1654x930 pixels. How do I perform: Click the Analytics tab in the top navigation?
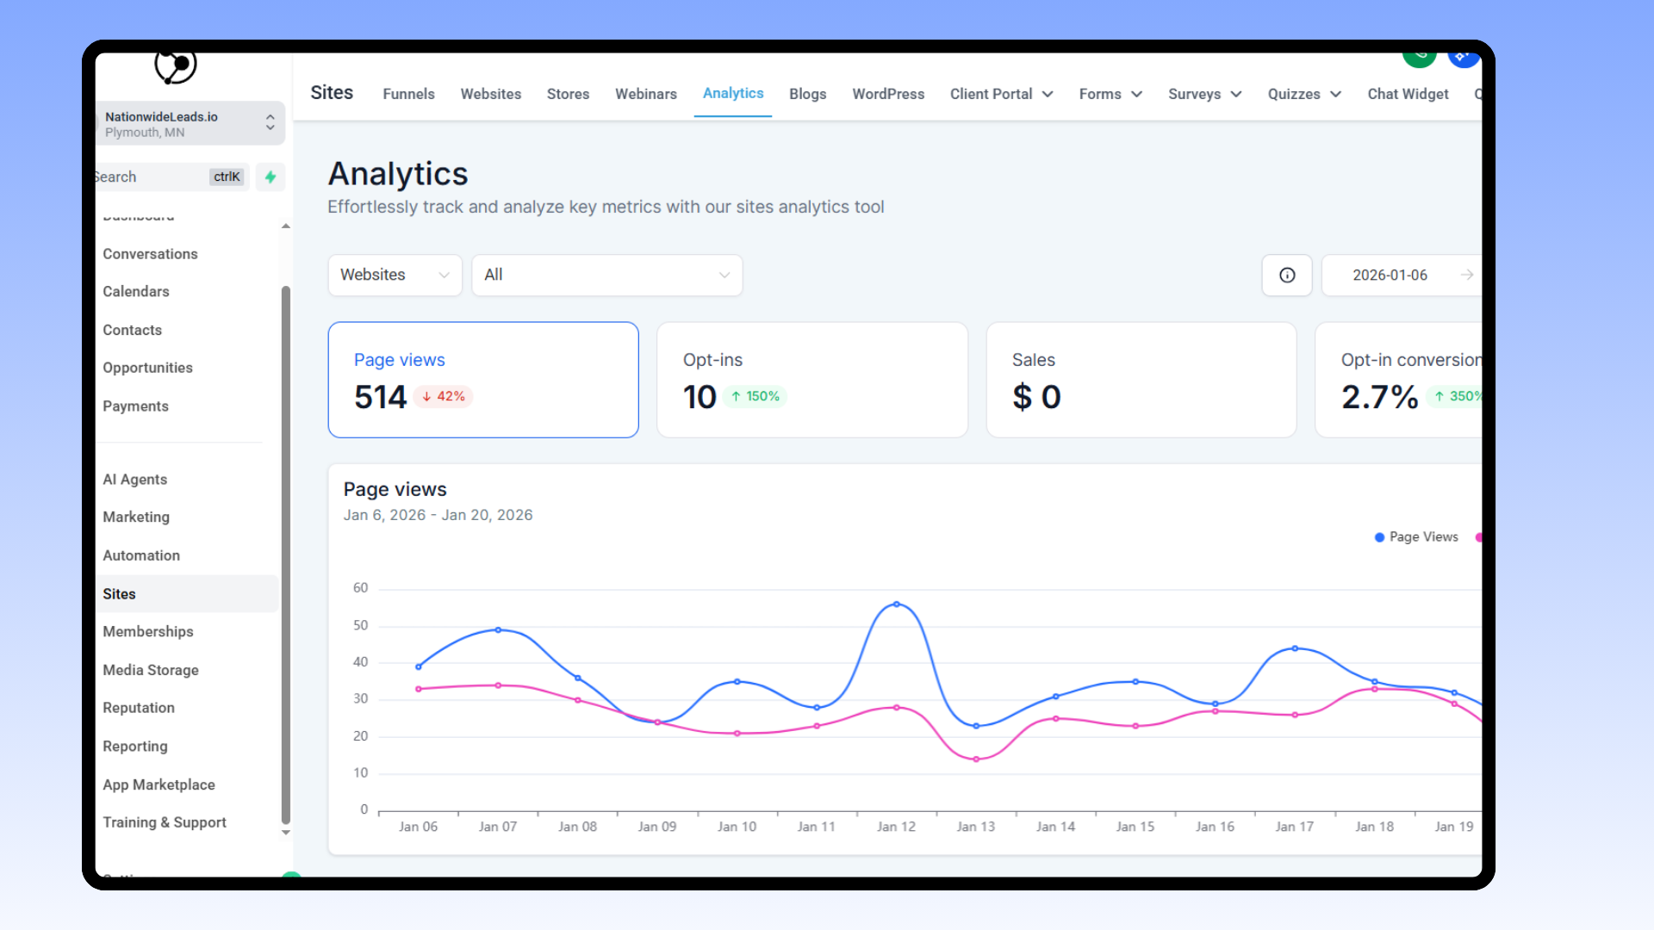coord(733,93)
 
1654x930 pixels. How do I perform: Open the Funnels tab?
coord(408,94)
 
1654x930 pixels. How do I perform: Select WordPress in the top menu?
coord(888,94)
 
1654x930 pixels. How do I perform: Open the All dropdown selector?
coord(606,275)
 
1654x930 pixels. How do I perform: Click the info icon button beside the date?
coord(1287,275)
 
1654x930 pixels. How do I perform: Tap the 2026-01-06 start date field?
coord(1390,275)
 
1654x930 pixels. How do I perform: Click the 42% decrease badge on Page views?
coord(444,396)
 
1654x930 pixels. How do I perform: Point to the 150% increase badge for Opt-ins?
coord(755,396)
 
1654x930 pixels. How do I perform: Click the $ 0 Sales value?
coord(1036,397)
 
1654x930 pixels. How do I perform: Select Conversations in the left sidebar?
coord(150,254)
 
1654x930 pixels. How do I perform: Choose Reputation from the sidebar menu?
coord(139,708)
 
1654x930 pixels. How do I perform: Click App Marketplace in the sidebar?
coord(159,784)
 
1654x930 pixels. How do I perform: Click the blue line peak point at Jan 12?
coord(897,604)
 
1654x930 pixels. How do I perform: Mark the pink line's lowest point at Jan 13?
coord(976,759)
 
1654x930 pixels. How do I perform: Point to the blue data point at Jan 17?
coord(1295,648)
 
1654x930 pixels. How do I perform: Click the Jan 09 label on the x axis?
coord(657,827)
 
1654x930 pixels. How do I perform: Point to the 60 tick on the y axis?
coord(360,588)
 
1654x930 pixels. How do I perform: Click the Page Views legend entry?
coord(1417,537)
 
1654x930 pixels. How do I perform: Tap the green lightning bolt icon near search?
coord(270,177)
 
